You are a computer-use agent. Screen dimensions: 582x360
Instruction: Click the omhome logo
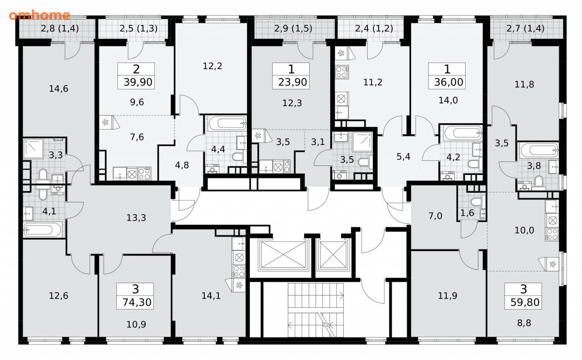pyautogui.click(x=39, y=15)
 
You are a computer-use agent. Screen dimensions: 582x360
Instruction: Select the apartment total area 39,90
pyautogui.click(x=138, y=82)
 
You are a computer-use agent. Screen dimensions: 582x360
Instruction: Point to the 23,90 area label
pyautogui.click(x=292, y=82)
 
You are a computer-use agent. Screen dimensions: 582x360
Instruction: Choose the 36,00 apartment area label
pyautogui.click(x=448, y=82)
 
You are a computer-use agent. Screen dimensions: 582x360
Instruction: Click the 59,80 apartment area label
pyautogui.click(x=525, y=302)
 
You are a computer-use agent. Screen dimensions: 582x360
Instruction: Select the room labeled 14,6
pyautogui.click(x=59, y=89)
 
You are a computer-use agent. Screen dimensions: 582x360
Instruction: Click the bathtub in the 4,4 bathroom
pyautogui.click(x=227, y=123)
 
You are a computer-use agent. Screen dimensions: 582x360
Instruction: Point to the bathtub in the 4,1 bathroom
pyautogui.click(x=43, y=230)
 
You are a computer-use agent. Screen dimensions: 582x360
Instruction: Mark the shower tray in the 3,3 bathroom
pyautogui.click(x=33, y=149)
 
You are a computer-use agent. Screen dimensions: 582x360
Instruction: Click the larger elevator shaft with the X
pyautogui.click(x=283, y=255)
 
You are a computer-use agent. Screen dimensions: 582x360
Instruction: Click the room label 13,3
pyautogui.click(x=136, y=218)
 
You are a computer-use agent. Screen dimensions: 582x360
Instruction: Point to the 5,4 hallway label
pyautogui.click(x=403, y=156)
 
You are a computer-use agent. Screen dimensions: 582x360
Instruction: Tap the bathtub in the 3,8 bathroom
pyautogui.click(x=539, y=150)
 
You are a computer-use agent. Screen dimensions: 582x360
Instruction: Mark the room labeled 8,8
pyautogui.click(x=524, y=323)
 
